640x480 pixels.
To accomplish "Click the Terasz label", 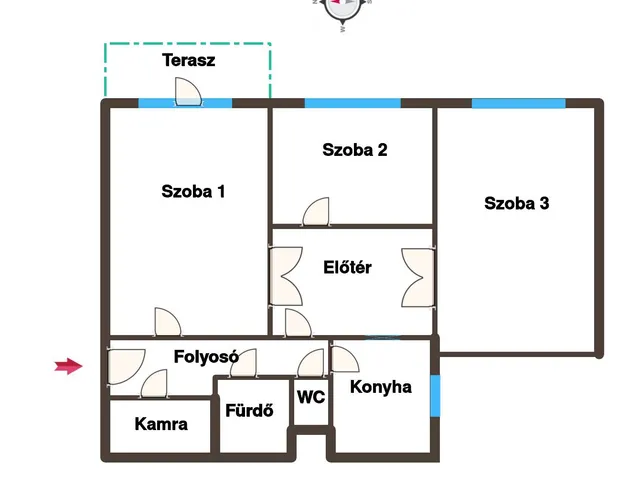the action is click(189, 60).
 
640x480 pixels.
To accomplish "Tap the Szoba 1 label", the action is click(193, 191).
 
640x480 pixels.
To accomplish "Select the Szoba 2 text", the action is click(355, 150).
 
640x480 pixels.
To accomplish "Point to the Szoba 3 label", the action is click(517, 203).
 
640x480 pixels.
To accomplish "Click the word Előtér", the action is click(347, 267).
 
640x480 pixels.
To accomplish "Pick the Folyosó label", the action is click(206, 357).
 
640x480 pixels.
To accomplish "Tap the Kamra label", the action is click(161, 424).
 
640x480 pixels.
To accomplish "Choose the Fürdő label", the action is click(249, 410).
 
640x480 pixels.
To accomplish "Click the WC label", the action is click(311, 397).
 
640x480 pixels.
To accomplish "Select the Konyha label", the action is click(381, 387).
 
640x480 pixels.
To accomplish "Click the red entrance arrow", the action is click(69, 366).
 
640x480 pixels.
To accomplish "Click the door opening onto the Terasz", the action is click(188, 92).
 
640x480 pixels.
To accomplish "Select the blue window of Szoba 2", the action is click(353, 103).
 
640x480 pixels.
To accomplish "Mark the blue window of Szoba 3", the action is click(519, 103).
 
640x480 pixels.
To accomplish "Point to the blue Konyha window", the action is click(436, 396).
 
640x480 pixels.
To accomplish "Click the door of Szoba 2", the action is click(316, 212).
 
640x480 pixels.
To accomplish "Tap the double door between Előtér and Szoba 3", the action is click(418, 278).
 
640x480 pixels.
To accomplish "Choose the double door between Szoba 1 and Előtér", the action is click(286, 276).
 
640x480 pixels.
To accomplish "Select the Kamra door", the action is click(154, 384).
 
